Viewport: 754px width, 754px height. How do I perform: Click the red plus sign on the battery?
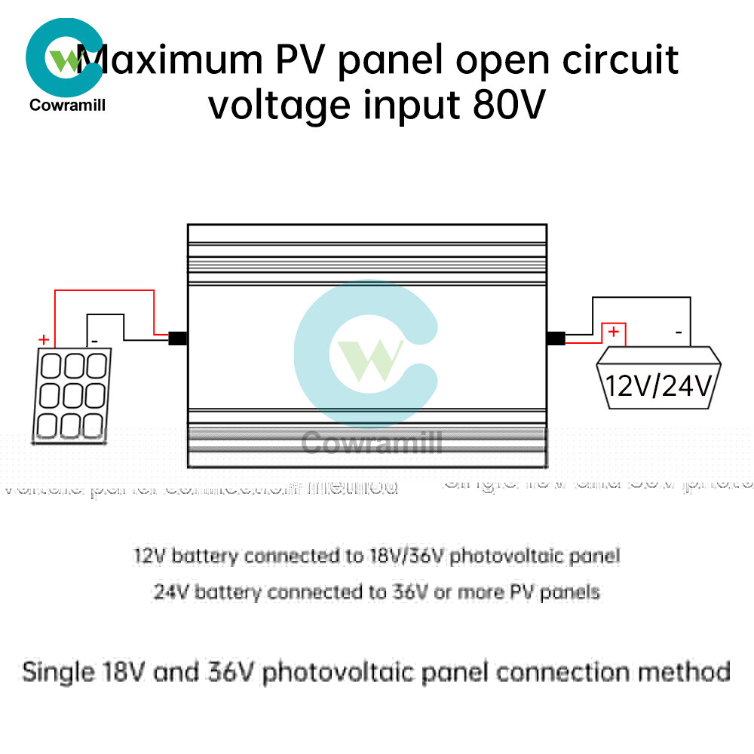tap(614, 332)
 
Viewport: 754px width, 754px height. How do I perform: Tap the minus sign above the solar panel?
tap(95, 341)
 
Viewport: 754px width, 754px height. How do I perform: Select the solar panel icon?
tap(70, 394)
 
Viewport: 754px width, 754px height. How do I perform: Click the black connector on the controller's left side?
tap(178, 339)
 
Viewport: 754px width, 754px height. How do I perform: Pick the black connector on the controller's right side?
tap(556, 339)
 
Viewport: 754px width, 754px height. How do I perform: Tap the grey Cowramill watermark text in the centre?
tap(371, 443)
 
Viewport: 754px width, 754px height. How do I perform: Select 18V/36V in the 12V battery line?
tap(407, 556)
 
